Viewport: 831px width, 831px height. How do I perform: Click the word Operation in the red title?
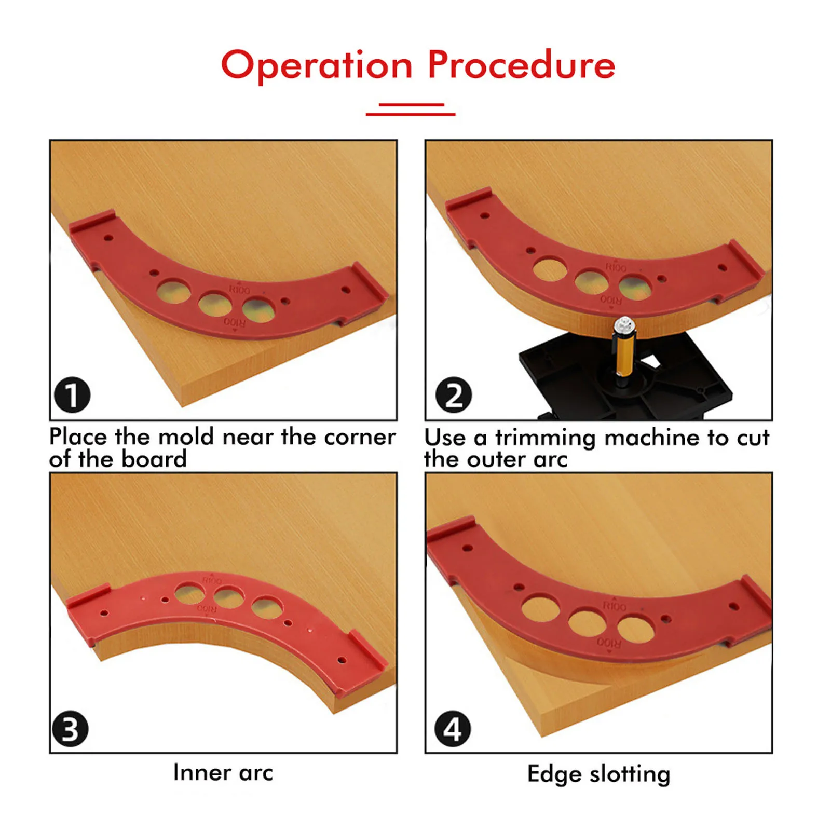[x=317, y=66]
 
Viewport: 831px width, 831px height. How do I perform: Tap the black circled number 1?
[x=72, y=394]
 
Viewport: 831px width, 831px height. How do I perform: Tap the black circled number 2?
[x=454, y=394]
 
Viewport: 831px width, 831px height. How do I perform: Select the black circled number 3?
[x=71, y=729]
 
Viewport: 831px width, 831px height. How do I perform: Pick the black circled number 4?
[x=453, y=729]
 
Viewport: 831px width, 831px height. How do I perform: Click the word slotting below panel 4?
[x=630, y=774]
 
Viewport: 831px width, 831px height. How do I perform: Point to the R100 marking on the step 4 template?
[x=614, y=606]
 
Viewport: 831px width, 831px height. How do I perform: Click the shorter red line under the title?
[x=411, y=105]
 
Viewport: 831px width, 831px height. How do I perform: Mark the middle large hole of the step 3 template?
[x=229, y=597]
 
